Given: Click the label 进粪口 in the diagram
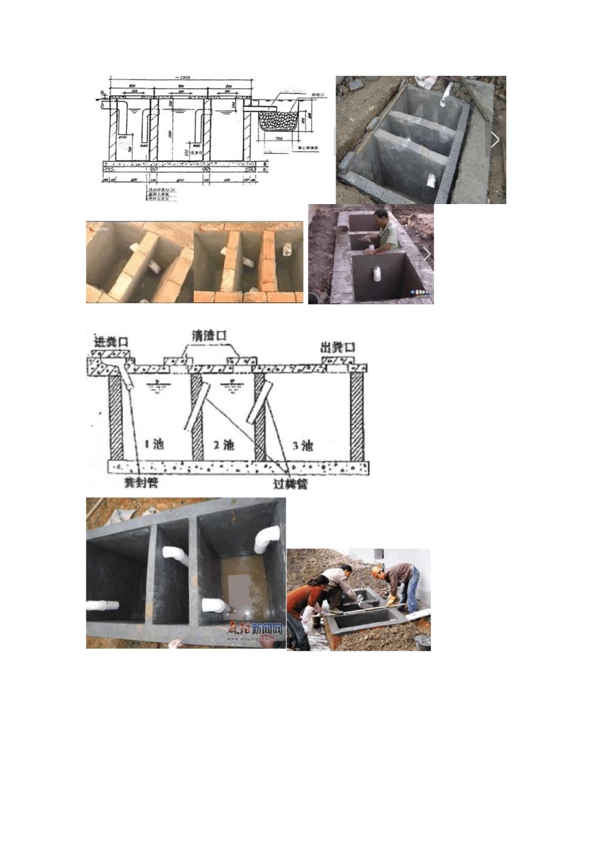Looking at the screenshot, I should click(110, 342).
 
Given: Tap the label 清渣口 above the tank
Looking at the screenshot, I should click(210, 335).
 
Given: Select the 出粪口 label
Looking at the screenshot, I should click(338, 347).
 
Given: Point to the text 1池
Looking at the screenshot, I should click(154, 444).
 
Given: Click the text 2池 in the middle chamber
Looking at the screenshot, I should click(223, 445).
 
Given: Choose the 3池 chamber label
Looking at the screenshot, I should click(302, 445).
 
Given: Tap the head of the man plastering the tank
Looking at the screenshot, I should click(380, 217).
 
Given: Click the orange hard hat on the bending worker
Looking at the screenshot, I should click(376, 571).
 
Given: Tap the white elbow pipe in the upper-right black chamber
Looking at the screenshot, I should click(267, 539).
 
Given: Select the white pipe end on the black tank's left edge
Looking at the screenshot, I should click(102, 606).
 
